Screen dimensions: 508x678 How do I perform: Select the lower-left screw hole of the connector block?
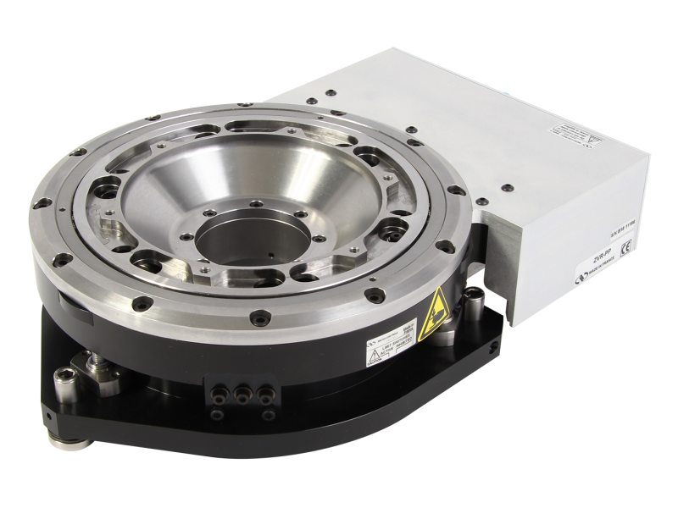[x=221, y=414]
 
